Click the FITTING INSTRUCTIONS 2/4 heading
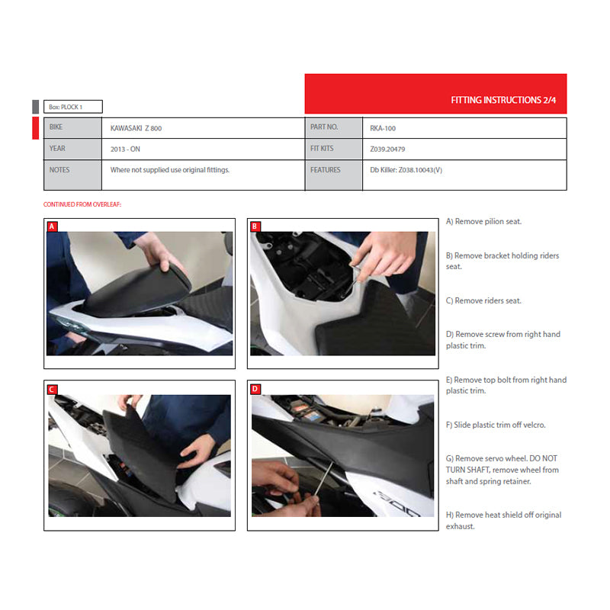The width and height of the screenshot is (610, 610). coord(503,100)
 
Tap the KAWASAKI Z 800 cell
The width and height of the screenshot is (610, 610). coord(136,128)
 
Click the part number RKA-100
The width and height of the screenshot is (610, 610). coord(383,128)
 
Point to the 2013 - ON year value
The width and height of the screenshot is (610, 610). coord(125,149)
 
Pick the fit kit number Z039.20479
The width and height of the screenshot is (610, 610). coord(387,149)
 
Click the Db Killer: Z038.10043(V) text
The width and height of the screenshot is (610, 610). coord(406,170)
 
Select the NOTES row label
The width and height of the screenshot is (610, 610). coord(59,169)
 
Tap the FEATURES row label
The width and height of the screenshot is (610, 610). coord(326,169)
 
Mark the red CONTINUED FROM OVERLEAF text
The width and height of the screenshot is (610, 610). coord(82,204)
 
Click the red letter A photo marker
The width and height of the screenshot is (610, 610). coord(52,226)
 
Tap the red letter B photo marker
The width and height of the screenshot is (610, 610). coord(255,226)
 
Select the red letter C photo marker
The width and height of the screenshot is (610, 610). coord(52,390)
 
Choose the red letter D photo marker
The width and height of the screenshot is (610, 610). coord(255,389)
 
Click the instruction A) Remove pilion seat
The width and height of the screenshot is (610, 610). coord(483,221)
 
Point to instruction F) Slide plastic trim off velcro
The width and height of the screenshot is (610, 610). coord(496,425)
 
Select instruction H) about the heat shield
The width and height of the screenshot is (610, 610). coord(503,521)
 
